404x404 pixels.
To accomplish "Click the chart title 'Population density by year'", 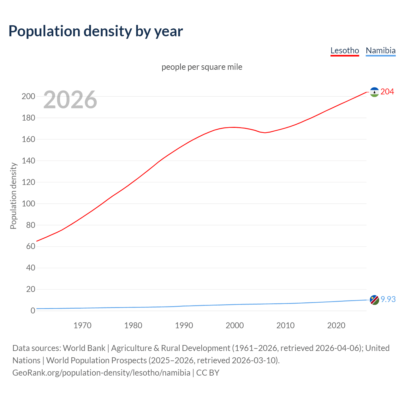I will pos(96,31).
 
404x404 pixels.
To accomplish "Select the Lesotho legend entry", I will pos(345,50).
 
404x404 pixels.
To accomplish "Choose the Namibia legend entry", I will pos(380,50).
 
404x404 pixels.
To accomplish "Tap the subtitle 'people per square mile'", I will pos(202,67).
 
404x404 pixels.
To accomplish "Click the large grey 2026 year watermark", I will pos(70,100).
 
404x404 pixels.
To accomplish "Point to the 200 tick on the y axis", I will pos(28,96).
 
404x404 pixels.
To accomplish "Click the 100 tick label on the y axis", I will pos(28,204).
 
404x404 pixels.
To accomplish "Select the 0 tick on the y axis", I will pos(33,311).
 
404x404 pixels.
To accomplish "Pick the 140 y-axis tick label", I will pos(28,161).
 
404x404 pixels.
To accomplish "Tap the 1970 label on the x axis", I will pos(82,325).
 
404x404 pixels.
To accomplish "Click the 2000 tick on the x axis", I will pos(235,325).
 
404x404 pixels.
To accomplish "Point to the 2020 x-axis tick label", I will pos(336,325).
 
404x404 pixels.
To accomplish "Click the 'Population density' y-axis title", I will pos(13,196).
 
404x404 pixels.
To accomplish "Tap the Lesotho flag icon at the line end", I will pos(374,92).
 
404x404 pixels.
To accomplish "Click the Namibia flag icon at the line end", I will pos(374,300).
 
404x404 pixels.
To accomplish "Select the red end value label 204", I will pos(387,92).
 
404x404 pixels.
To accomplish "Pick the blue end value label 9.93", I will pos(388,299).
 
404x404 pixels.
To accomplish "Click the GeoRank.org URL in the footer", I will pos(101,373).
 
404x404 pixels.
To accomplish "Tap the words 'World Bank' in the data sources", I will pos(84,348).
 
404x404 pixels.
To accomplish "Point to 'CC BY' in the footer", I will pos(208,373).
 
